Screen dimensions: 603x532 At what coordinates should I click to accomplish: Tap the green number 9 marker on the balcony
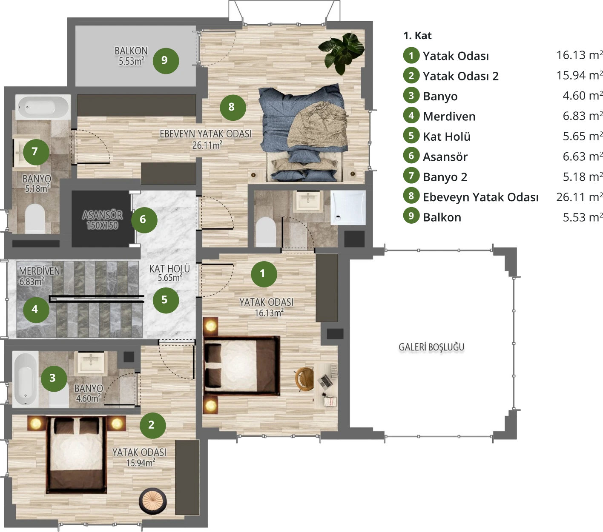point(166,61)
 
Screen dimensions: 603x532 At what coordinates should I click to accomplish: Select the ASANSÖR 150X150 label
point(102,220)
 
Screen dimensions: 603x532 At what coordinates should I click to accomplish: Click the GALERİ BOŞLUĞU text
point(431,347)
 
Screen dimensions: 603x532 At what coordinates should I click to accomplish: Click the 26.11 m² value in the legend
point(580,197)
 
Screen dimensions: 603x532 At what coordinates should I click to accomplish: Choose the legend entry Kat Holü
point(447,137)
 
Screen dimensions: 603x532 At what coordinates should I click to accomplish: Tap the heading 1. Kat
point(417,36)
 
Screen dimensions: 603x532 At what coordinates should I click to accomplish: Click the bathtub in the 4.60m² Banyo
point(25,379)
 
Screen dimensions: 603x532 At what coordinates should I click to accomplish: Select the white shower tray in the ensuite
point(348,208)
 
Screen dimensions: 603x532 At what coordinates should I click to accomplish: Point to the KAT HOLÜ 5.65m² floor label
point(169,273)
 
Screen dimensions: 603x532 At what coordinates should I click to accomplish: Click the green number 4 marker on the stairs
point(36,310)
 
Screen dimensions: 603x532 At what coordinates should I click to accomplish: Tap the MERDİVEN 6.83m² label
point(39,276)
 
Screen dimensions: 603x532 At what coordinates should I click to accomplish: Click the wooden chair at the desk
point(304,379)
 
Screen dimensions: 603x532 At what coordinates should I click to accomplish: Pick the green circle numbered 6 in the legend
point(411,156)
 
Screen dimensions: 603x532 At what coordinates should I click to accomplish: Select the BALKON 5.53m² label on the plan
point(131,56)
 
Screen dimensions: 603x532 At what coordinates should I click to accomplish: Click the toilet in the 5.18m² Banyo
point(35,219)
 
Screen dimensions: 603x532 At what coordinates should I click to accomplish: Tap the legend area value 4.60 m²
point(583,96)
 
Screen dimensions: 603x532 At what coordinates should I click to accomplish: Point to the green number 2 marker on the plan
point(153,425)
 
